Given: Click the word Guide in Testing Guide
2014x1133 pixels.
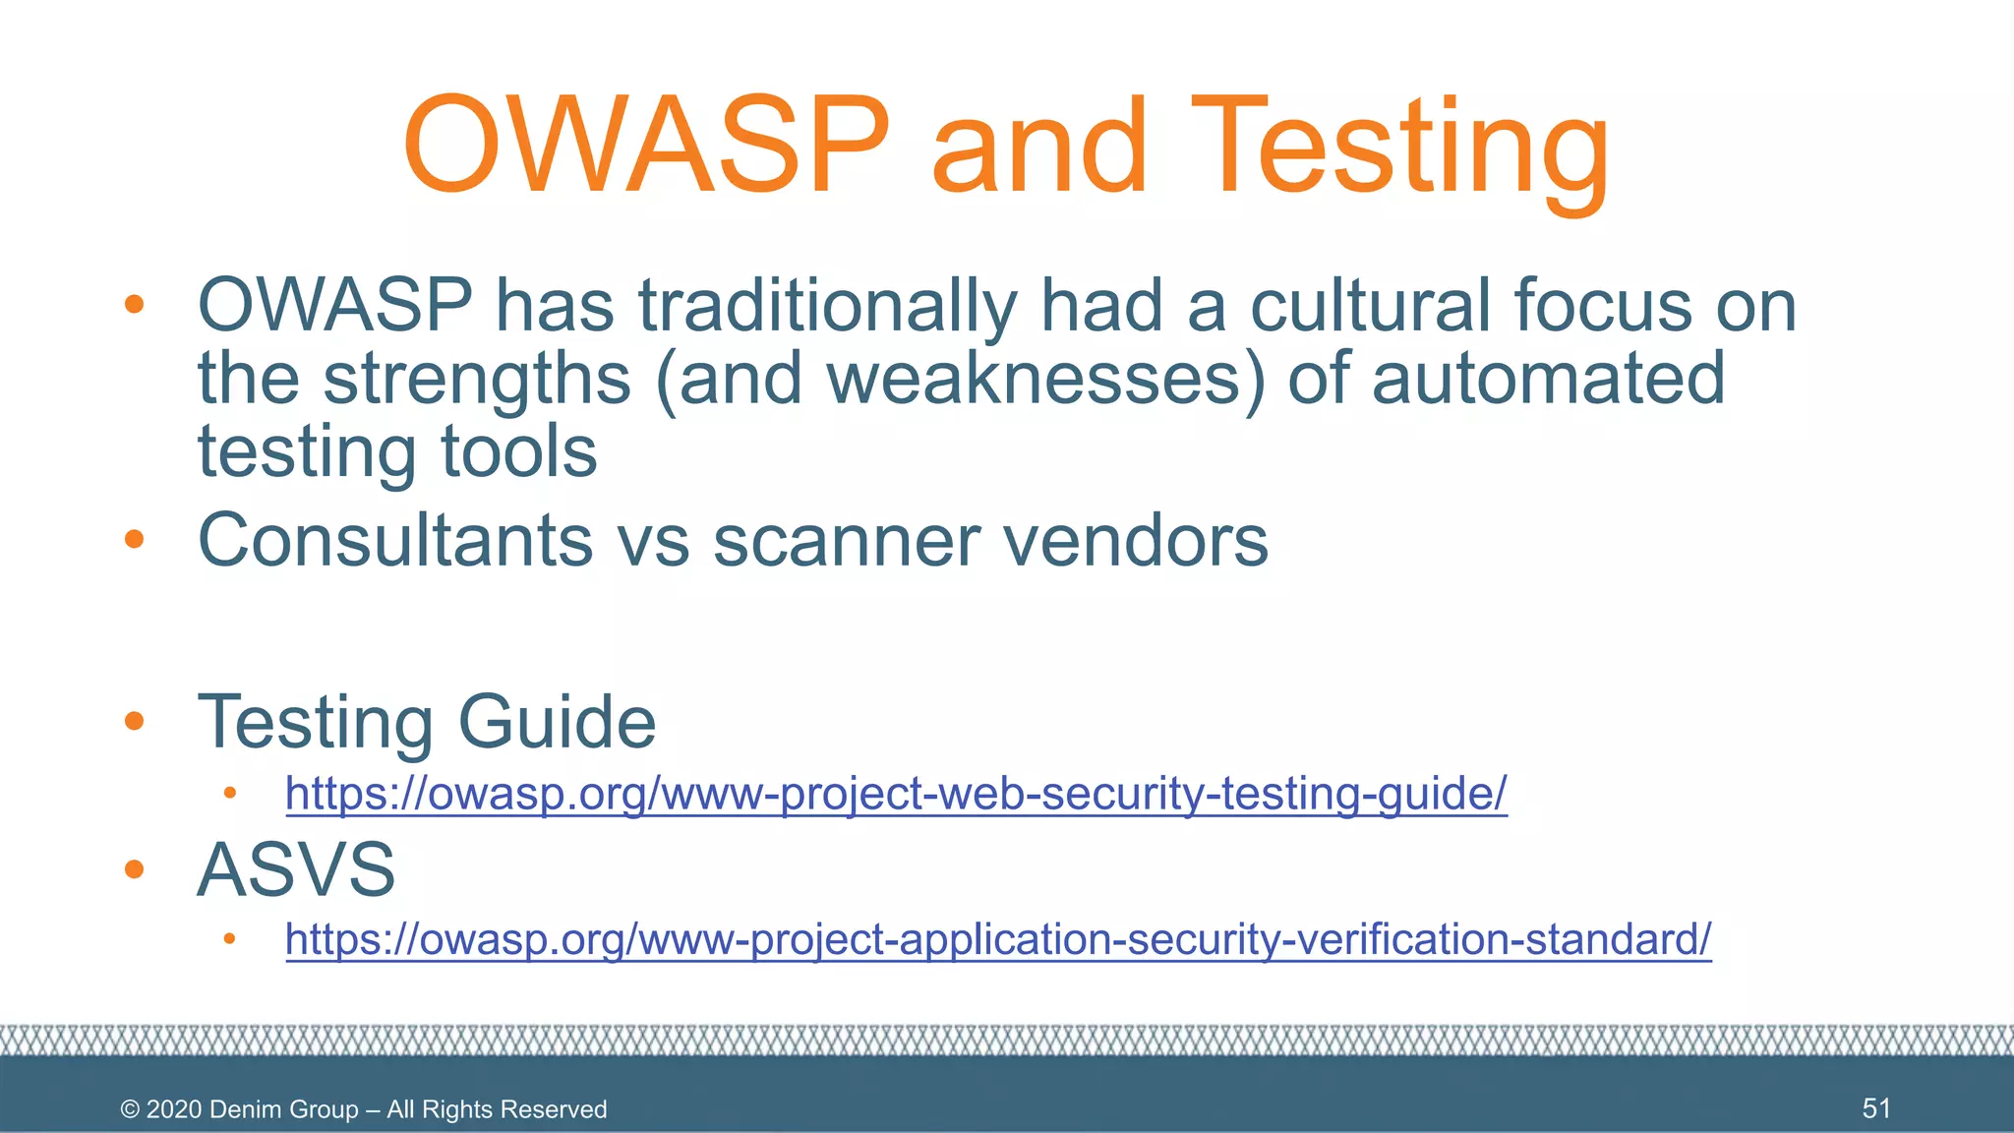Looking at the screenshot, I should (557, 722).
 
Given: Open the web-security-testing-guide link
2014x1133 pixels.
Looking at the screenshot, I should (896, 793).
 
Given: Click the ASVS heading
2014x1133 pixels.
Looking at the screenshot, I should (296, 869).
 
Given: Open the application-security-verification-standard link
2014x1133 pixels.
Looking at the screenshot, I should (998, 938).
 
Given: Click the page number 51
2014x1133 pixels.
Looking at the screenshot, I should (1876, 1108).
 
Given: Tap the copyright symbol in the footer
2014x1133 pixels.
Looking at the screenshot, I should (130, 1109).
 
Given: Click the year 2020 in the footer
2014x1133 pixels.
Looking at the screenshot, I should (174, 1109).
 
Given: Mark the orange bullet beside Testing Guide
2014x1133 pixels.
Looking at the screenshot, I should (135, 722).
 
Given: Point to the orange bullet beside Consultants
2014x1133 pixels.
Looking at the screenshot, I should (135, 539).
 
